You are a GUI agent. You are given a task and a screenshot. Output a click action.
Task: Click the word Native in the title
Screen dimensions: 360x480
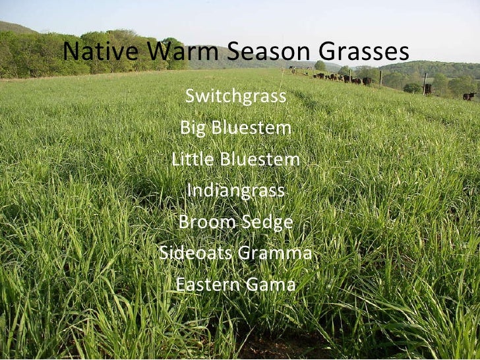point(102,51)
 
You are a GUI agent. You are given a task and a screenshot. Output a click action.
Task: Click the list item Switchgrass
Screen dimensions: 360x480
point(236,97)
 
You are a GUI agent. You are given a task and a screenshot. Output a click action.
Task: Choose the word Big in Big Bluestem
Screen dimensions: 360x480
point(193,129)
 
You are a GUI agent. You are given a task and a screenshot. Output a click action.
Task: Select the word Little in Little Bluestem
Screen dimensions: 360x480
point(193,160)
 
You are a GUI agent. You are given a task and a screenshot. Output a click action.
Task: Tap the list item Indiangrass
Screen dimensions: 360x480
point(236,191)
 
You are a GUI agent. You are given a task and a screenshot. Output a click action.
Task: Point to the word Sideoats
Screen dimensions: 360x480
point(193,254)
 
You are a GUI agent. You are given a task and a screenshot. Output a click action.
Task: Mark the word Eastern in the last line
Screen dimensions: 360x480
point(207,285)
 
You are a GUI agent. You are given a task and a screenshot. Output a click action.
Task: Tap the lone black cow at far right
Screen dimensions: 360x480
point(468,96)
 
